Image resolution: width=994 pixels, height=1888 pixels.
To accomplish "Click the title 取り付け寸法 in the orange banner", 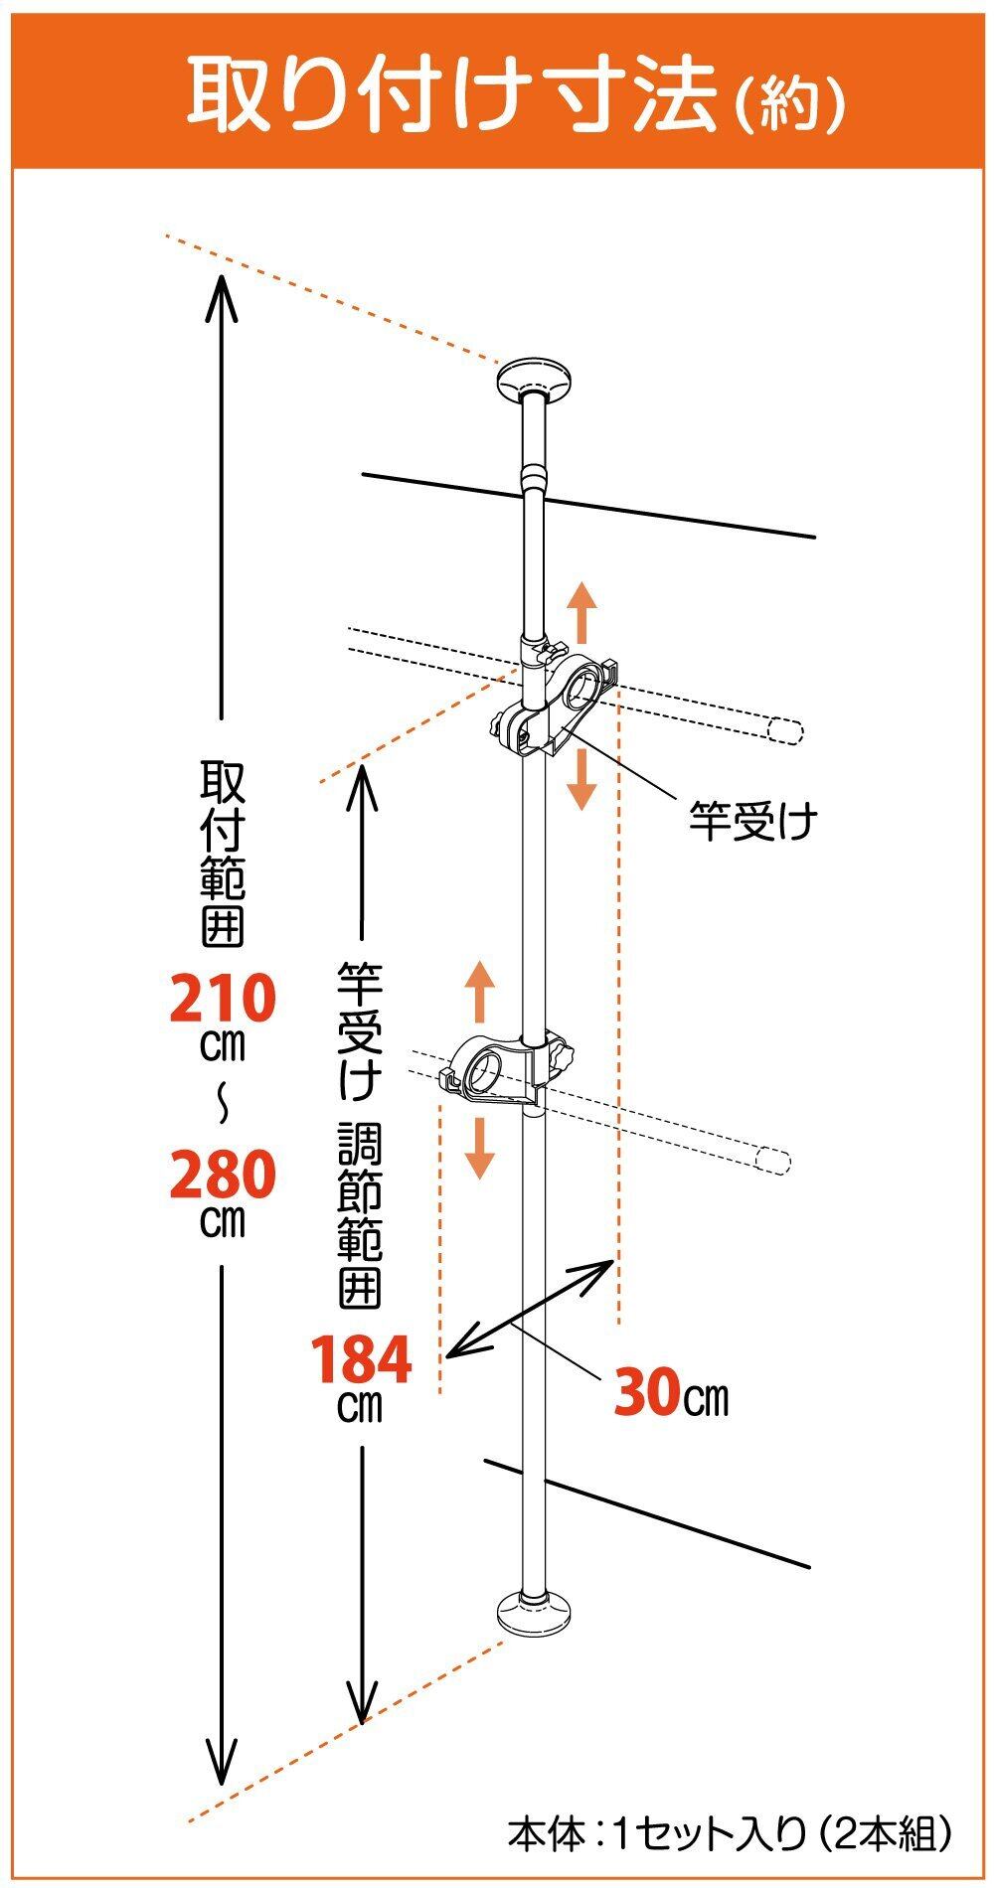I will [452, 94].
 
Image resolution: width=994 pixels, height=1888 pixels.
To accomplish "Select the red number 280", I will [221, 1175].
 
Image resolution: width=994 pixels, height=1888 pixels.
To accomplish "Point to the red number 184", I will [361, 1360].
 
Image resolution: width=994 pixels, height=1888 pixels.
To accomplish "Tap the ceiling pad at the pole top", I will [536, 379].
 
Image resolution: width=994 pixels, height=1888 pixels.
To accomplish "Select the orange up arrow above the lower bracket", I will [481, 991].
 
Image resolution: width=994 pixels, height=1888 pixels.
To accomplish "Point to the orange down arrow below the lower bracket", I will [481, 1148].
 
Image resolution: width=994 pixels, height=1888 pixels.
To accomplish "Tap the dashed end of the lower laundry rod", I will [772, 1161].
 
